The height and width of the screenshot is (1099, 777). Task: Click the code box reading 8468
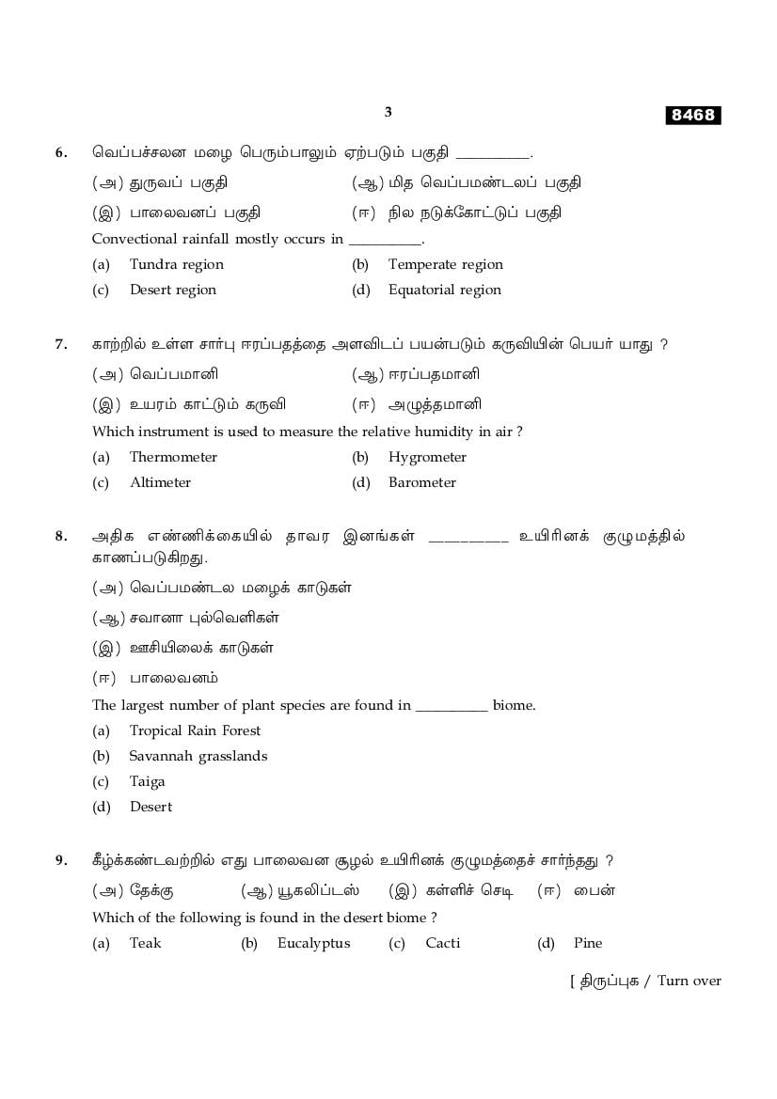(x=693, y=116)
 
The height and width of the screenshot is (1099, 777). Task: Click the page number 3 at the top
(x=388, y=112)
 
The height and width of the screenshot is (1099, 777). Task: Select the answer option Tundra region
(x=176, y=264)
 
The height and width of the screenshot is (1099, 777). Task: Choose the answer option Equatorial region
(x=444, y=290)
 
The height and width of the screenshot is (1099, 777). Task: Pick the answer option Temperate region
(x=445, y=264)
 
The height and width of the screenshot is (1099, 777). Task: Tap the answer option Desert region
(x=172, y=290)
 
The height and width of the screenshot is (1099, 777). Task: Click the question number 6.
(x=61, y=152)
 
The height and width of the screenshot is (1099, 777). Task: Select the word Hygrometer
(x=427, y=457)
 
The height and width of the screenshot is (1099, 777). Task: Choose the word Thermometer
(x=173, y=457)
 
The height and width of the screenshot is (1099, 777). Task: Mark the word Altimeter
(x=160, y=482)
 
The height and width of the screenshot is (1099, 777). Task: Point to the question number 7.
(x=61, y=344)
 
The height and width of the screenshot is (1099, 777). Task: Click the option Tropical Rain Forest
(x=195, y=730)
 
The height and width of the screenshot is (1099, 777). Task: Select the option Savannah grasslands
(x=198, y=756)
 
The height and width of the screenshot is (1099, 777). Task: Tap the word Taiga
(x=147, y=781)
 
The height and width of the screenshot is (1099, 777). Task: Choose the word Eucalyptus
(x=313, y=943)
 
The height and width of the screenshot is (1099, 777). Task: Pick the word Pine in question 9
(x=588, y=943)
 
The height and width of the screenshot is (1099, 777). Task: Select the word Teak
(x=145, y=943)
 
